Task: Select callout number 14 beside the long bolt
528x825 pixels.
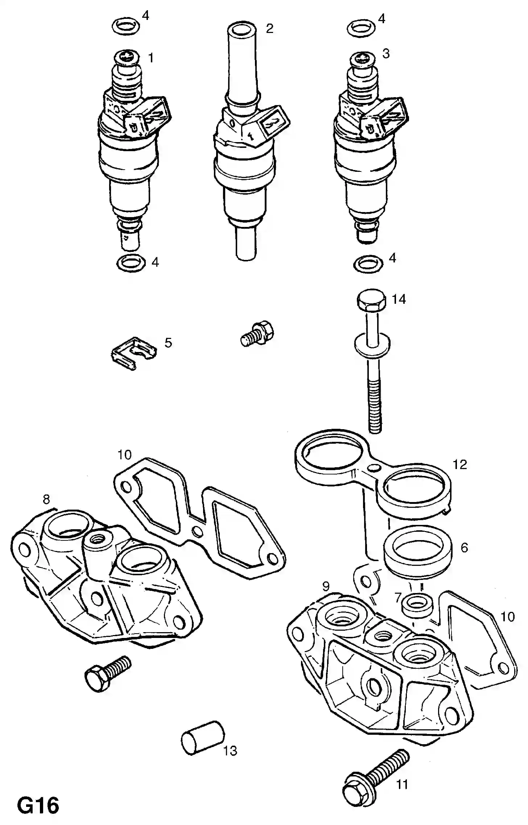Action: tap(399, 300)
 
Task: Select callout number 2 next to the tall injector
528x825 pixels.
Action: tap(269, 28)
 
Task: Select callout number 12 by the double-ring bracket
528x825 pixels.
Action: tap(459, 464)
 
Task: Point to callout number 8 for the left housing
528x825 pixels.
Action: tap(46, 499)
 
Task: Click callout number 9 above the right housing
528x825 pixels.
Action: tap(325, 586)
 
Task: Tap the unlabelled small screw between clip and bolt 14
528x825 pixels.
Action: tap(257, 333)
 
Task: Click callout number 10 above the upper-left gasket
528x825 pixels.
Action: tap(124, 455)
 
